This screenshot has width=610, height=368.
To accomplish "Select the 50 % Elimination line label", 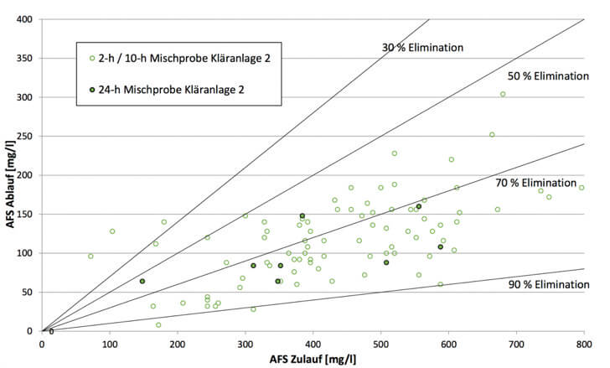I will pos(548,75).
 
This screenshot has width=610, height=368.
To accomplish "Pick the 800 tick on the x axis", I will pos(583,343).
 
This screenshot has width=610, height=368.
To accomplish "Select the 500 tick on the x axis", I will pos(380,343).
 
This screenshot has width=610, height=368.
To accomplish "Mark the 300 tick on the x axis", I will pos(245,343).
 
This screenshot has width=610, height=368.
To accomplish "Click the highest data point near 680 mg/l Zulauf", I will pos(503,94).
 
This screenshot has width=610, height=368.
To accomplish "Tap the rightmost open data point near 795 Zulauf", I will pos(582,188).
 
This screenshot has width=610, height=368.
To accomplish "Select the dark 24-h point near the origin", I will pos(51,331).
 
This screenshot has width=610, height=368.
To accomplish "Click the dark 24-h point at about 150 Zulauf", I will pos(142,282).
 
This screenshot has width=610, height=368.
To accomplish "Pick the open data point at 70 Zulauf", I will pos(90,257).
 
